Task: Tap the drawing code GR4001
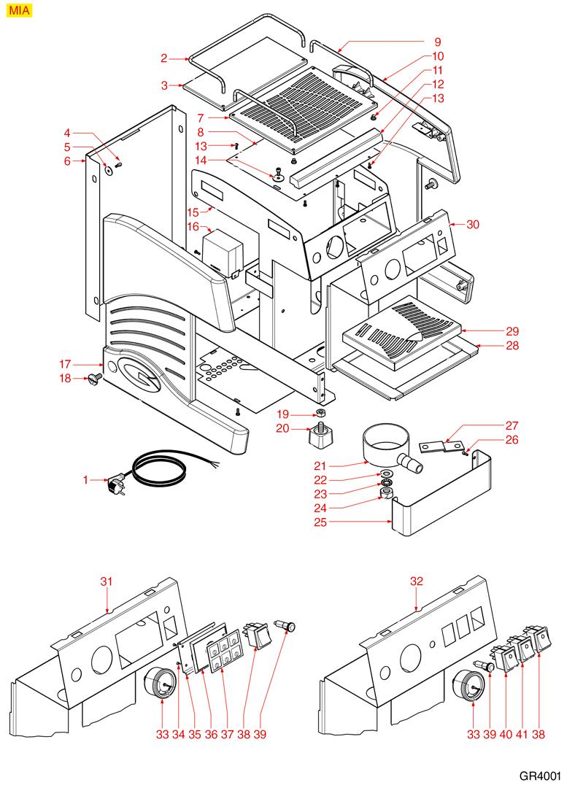point(540,778)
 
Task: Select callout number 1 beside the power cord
point(85,479)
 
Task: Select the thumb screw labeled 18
point(93,377)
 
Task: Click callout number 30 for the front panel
point(472,225)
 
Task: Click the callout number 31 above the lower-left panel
point(107,581)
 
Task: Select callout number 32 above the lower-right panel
point(416,581)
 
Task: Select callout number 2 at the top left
point(165,58)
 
